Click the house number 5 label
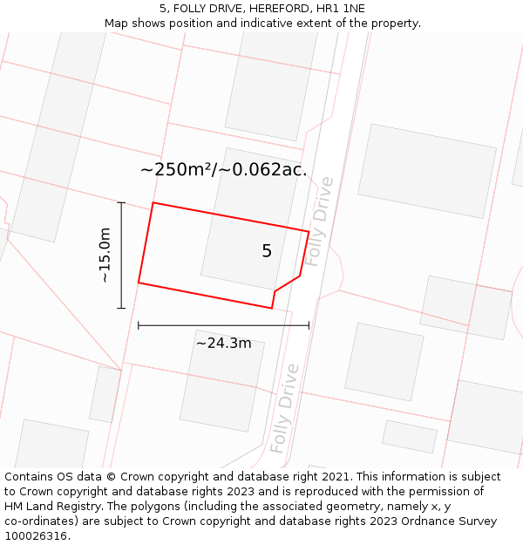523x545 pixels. point(267,251)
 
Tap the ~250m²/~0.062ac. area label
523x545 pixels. point(224,170)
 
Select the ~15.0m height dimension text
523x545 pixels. point(105,255)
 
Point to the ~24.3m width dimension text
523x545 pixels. point(223,344)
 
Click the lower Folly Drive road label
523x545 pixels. point(284,408)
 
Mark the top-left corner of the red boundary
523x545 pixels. point(153,203)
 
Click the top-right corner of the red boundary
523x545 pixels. point(309,231)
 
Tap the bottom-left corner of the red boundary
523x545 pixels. point(139,283)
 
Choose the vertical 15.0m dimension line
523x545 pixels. point(121,255)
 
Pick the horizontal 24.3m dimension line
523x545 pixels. point(223,326)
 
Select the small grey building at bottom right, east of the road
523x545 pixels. point(410,436)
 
